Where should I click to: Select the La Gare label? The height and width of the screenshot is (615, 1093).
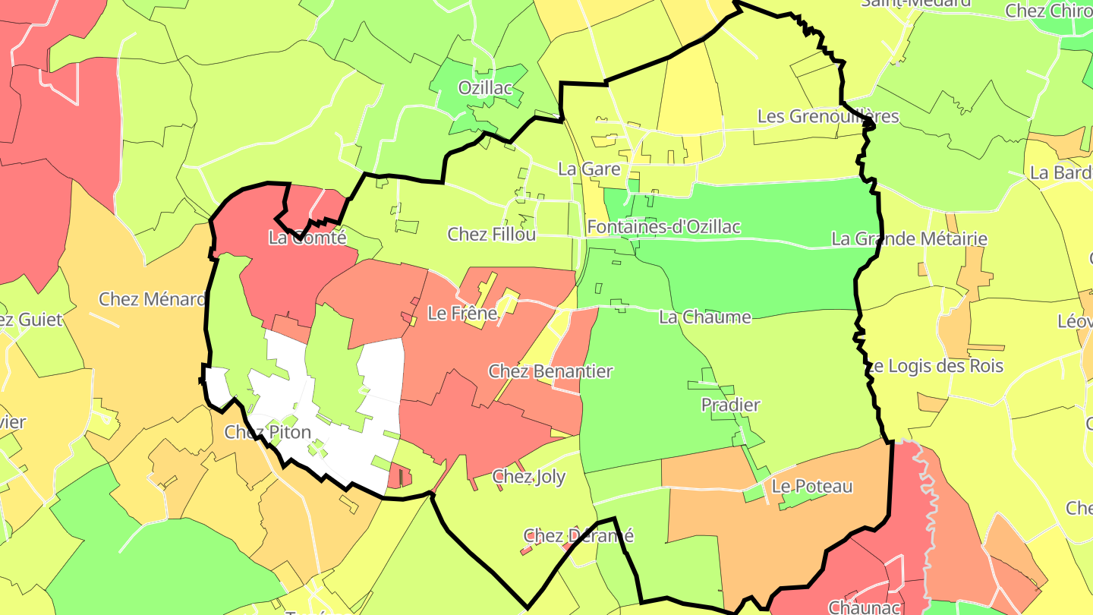coord(589,169)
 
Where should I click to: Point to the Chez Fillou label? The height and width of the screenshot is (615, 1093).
coord(492,234)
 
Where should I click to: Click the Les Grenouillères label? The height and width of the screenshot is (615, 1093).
coord(828,116)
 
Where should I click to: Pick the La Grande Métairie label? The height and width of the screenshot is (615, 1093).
coord(909,238)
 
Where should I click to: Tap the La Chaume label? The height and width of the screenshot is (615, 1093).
coord(705,317)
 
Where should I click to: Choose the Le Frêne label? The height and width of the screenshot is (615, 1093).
coord(462,313)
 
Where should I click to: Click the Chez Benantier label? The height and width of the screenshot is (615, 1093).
coord(550,371)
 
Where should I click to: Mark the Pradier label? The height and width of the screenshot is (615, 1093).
coord(730,405)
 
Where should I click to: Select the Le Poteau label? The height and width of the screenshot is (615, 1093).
coord(812,486)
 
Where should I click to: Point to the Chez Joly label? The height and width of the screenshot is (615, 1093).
coord(529,477)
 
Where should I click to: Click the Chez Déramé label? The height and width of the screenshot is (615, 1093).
coord(578,535)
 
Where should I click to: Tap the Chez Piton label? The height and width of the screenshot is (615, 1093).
coord(268,432)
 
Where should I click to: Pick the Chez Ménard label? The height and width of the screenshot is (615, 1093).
coord(153,299)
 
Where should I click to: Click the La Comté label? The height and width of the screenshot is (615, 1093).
coord(307,237)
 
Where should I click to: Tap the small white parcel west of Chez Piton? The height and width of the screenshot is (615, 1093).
coord(216,384)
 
